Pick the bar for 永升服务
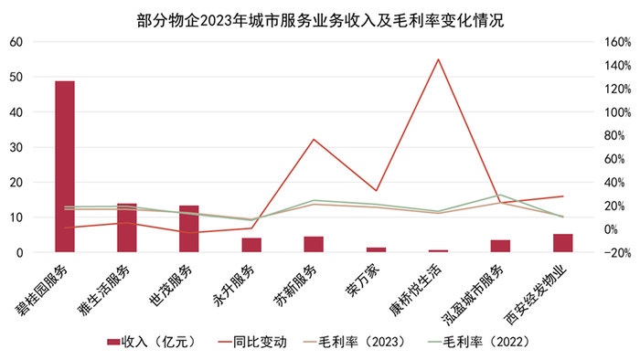coord(251,245)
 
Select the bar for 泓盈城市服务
coord(500,246)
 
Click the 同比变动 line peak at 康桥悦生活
coord(439,59)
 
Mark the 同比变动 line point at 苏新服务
coord(314,140)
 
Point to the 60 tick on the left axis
coord(16,42)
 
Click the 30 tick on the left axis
coord(16,147)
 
